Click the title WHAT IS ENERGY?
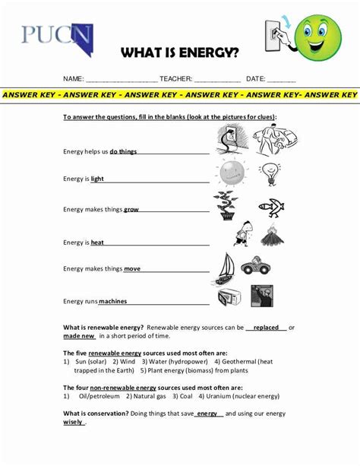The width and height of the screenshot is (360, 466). (179, 53)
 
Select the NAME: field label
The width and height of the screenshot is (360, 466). (73, 79)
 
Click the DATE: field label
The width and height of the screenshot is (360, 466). (255, 79)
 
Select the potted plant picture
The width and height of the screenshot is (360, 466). (226, 206)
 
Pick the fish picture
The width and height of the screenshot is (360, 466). (270, 205)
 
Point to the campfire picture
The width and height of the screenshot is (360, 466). (270, 235)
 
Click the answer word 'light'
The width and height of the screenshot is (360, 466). (97, 179)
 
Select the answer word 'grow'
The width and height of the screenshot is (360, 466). (131, 209)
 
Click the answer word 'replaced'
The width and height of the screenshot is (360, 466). (266, 328)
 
